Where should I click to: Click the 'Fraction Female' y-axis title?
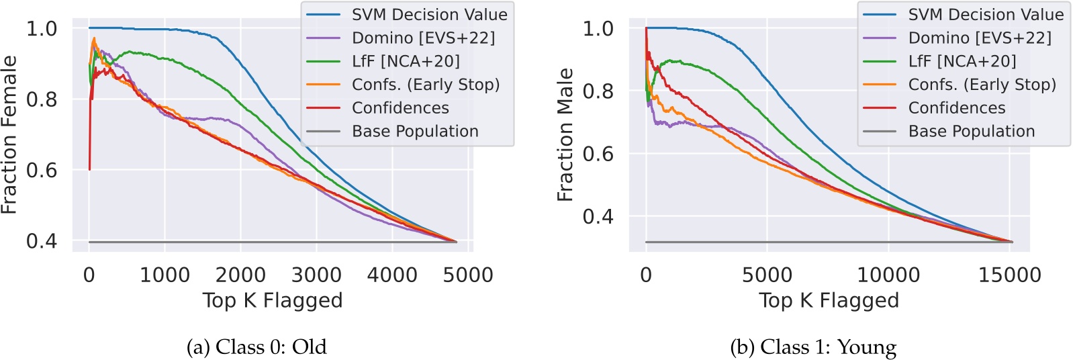9,135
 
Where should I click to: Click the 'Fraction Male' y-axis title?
565,135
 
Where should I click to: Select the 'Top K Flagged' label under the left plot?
273,300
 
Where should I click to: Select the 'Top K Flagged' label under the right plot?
829,300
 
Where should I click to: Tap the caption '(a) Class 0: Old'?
256,347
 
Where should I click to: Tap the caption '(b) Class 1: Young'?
813,347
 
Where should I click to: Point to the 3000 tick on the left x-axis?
316,275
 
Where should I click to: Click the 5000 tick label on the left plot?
468,275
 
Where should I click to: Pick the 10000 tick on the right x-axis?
888,275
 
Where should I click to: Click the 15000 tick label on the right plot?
1010,275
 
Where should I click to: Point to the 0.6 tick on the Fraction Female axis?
42,170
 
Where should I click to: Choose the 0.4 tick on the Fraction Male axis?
598,216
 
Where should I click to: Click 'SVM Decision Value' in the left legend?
429,15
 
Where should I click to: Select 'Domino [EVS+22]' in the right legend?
980,38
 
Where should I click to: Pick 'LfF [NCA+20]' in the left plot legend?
406,61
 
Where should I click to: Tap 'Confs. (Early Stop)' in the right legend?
982,85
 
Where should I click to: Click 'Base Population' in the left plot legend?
415,131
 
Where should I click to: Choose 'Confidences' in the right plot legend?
956,108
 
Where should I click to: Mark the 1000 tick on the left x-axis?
165,275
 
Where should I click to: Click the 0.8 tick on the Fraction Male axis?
598,91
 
